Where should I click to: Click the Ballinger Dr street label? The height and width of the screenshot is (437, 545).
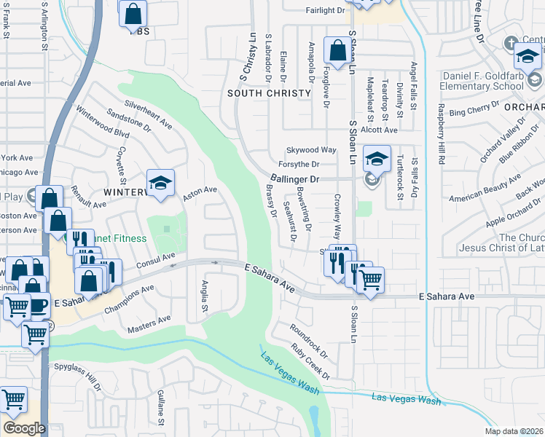[295, 178]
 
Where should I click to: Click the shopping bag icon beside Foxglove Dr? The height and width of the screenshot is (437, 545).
[337, 52]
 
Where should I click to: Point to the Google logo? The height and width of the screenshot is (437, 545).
[23, 428]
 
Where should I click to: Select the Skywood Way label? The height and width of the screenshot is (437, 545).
[310, 150]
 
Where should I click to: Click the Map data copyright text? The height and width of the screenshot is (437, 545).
[514, 431]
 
